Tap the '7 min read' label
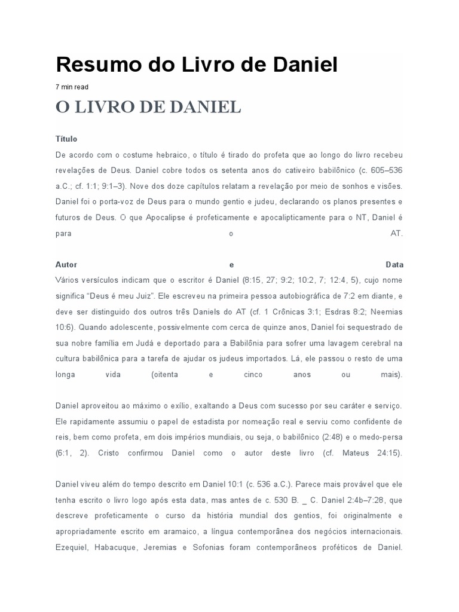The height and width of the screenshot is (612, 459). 72,87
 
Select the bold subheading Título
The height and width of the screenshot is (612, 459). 66,139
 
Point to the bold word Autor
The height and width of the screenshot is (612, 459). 66,264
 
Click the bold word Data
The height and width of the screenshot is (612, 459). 394,264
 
